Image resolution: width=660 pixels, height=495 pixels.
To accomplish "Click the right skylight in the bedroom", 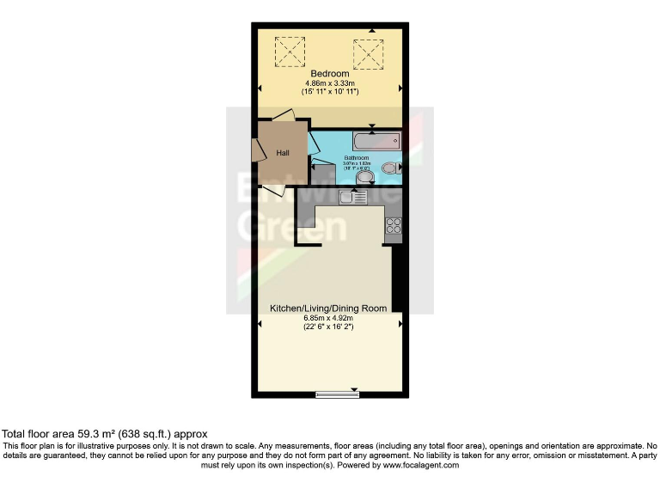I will click(368, 53).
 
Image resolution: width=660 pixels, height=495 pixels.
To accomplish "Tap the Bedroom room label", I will click(330, 74).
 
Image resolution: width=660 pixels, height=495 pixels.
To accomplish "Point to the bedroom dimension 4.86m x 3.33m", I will click(330, 82).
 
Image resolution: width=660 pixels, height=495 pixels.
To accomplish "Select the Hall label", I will click(282, 153).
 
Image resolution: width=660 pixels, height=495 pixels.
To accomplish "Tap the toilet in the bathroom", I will click(391, 167).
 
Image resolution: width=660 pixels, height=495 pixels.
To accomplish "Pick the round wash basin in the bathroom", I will click(365, 178).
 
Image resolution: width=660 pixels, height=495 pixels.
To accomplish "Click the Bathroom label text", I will click(357, 158).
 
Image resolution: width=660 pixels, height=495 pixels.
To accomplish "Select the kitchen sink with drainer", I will click(352, 198).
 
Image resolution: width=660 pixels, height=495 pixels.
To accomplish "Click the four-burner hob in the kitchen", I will click(394, 226).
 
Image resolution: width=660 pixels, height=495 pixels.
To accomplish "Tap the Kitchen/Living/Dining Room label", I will click(328, 308).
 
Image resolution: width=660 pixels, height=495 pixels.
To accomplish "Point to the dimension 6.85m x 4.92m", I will click(328, 317).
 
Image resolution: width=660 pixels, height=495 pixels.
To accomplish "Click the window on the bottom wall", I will click(337, 394).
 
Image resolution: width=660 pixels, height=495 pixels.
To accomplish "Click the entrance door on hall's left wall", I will click(258, 150).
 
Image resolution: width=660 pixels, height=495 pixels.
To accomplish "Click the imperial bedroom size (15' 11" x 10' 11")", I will click(330, 91).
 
